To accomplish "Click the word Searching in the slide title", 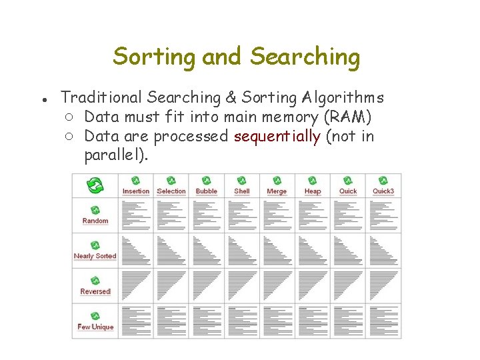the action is tap(305, 57).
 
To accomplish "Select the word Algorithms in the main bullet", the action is tap(342, 98).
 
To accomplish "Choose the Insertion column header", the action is tap(136, 191).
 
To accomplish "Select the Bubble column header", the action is tap(207, 191).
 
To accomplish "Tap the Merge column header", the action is tap(277, 191).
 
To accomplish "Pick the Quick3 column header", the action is tap(383, 191).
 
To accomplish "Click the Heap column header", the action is tap(313, 191).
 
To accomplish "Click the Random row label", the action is tap(95, 221).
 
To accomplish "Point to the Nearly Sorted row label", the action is tap(95, 256).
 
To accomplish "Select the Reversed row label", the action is tap(95, 291).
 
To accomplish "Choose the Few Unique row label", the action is tap(95, 327).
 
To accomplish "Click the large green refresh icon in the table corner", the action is tap(95, 185).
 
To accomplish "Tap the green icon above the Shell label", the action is tap(242, 181).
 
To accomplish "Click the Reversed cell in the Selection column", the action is tap(171, 285).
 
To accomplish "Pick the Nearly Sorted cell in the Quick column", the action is tap(348, 250).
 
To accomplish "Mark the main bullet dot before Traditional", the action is tap(42, 99).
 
